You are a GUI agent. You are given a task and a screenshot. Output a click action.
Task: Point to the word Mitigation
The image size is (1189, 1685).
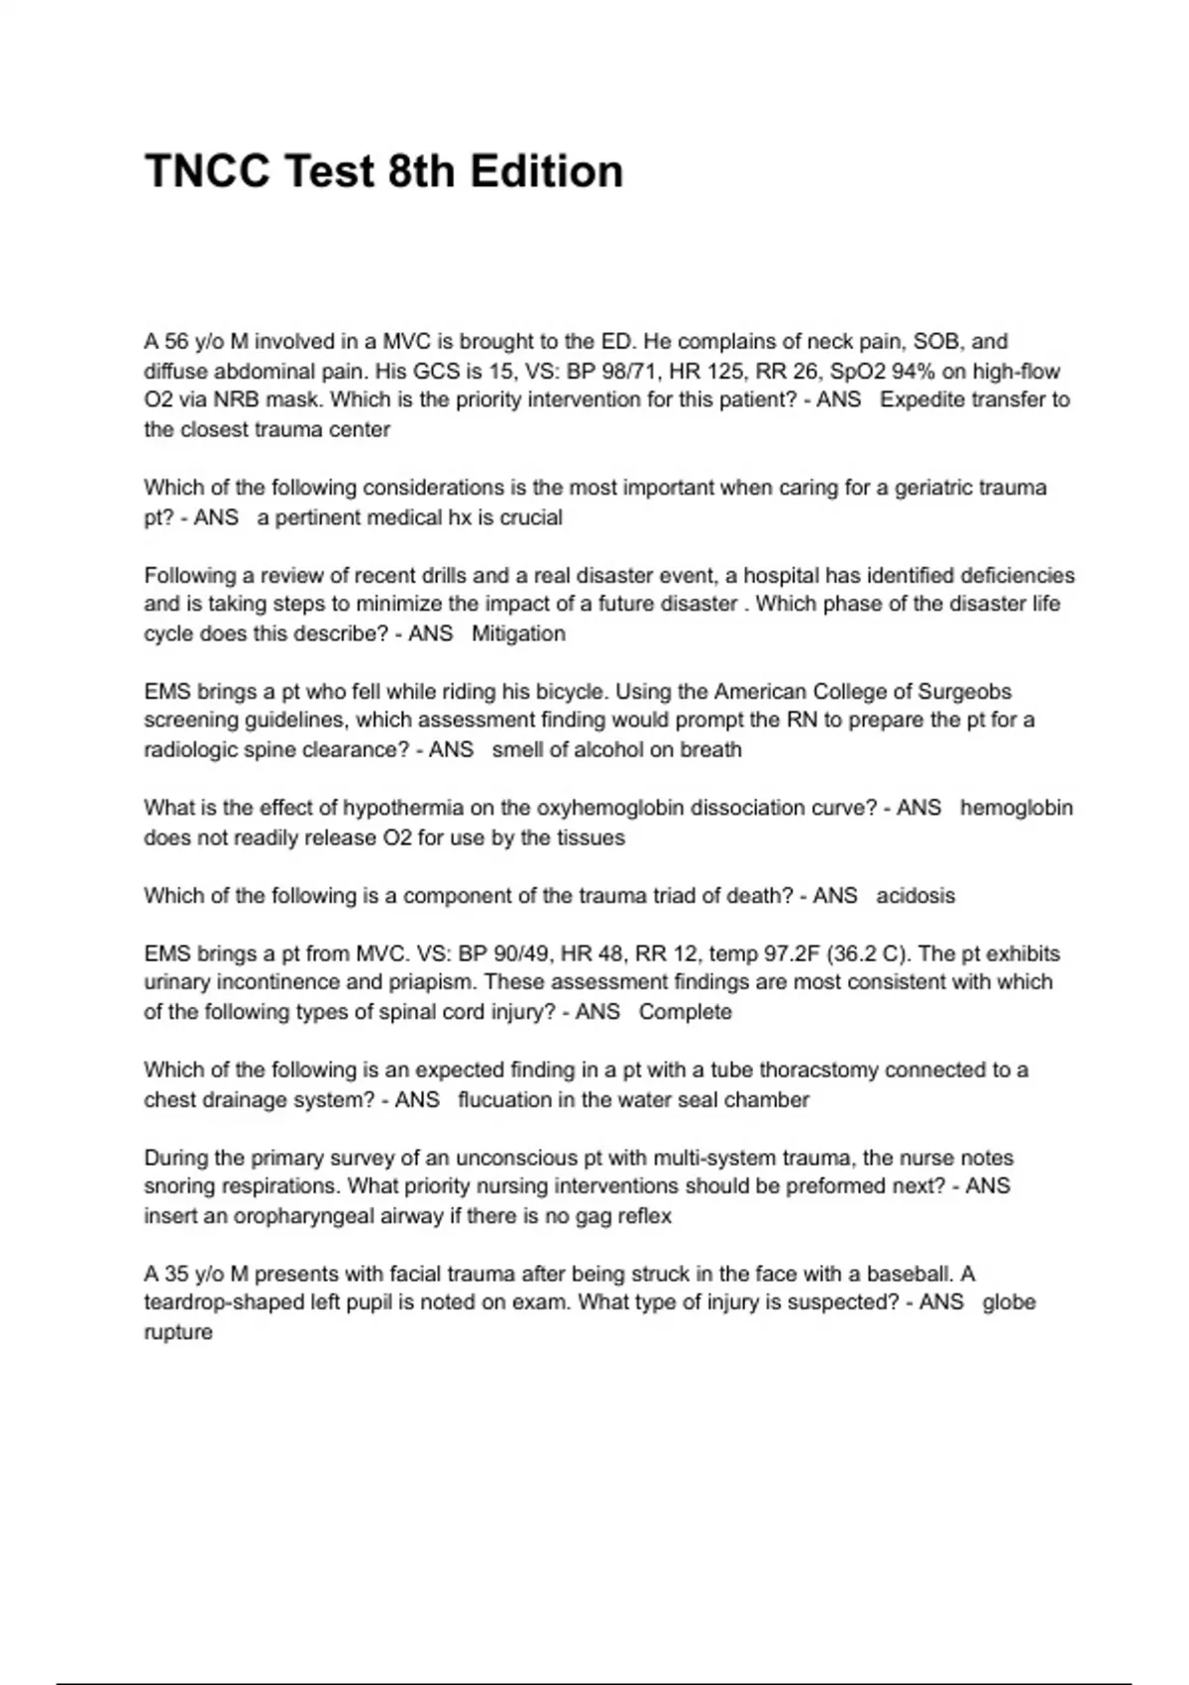[x=518, y=633]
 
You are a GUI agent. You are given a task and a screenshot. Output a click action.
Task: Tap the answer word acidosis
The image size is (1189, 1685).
[x=916, y=896]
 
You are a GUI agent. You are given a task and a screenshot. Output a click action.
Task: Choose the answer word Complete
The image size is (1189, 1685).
[x=685, y=1012]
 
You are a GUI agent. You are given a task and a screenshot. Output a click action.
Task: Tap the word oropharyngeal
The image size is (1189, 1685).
[x=304, y=1216]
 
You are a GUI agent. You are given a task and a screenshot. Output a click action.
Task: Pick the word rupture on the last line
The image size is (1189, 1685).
[x=178, y=1332]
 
